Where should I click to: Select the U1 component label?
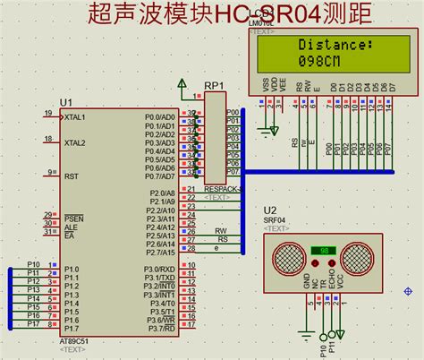65,102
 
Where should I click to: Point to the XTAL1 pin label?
75,116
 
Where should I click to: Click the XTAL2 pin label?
75,142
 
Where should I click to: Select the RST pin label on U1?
71,176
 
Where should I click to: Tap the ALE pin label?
70,227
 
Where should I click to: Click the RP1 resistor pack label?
213,86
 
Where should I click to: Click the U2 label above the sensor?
270,209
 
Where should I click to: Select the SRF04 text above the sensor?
276,219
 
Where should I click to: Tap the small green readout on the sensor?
322,250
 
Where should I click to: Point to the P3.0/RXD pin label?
159,269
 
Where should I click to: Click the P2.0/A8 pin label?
161,193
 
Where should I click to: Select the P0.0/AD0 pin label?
161,116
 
